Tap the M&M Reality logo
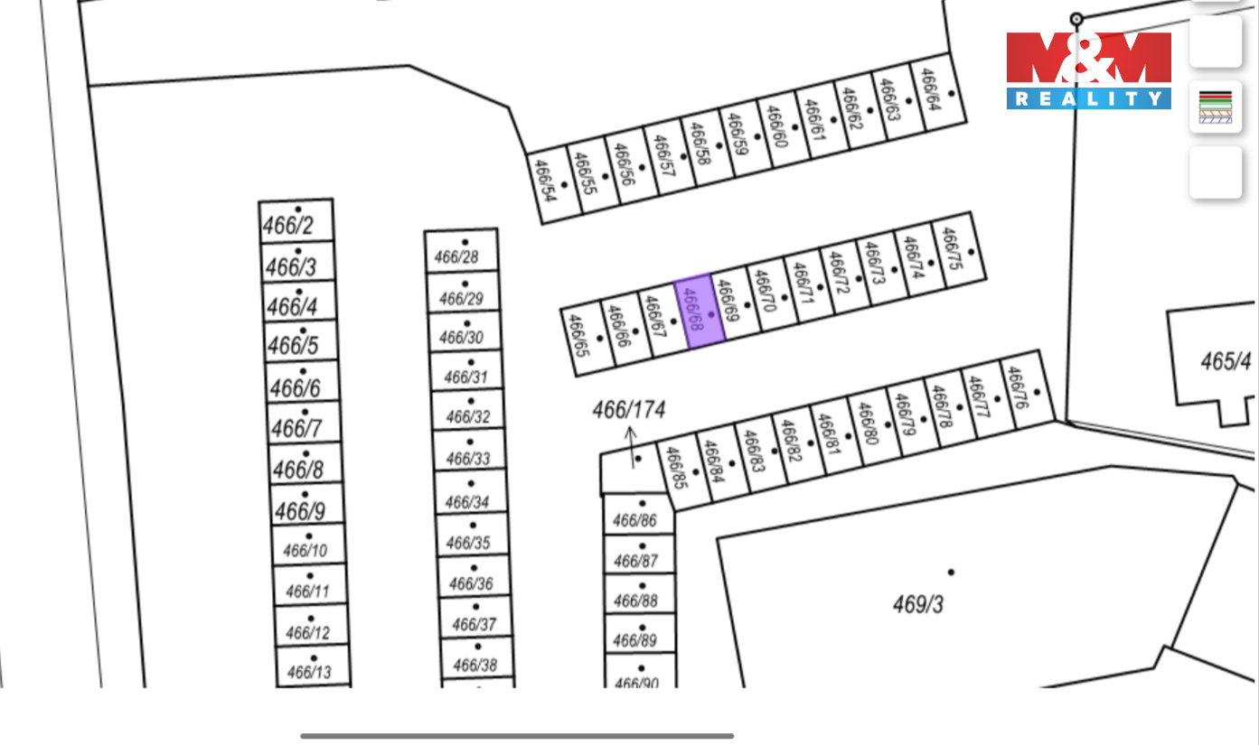1088,70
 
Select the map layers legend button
1215,107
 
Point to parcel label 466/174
628,410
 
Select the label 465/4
1226,362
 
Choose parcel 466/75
958,251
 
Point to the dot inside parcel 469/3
951,573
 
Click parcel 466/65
584,341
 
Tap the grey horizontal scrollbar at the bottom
517,736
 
